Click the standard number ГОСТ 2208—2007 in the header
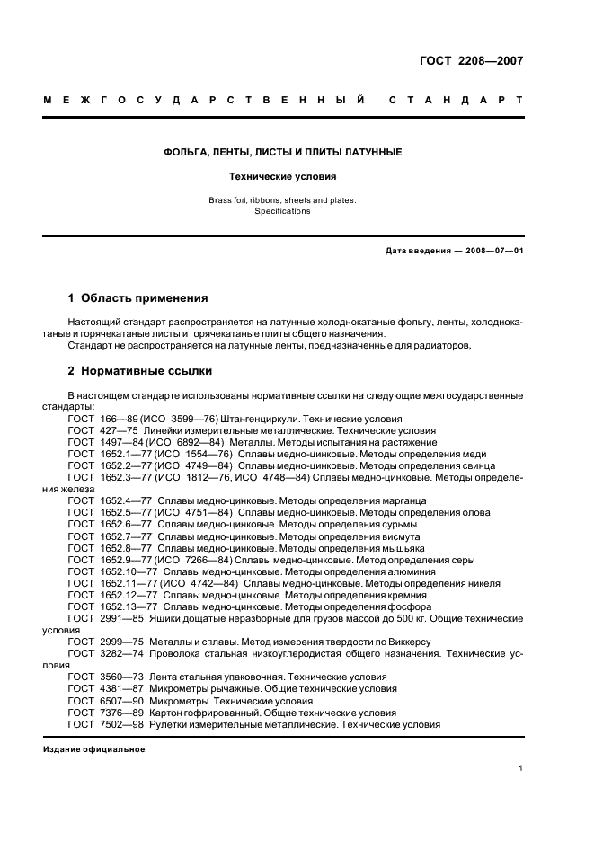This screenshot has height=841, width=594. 471,62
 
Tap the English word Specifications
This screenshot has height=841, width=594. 282,211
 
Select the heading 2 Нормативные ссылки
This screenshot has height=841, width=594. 140,369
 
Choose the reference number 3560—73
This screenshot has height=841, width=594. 120,677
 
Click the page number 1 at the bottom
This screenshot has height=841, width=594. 521,768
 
